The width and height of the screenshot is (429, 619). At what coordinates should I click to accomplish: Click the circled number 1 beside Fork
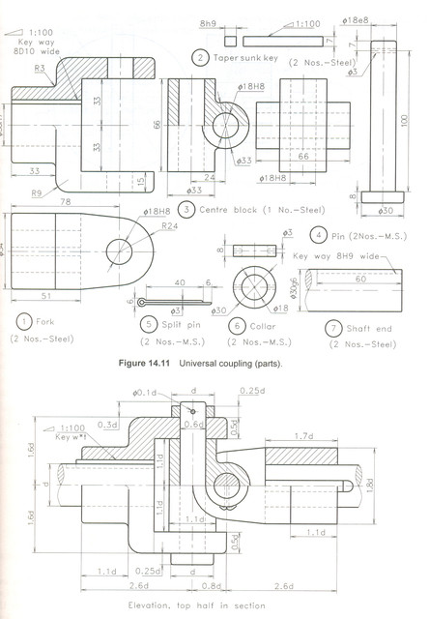point(20,321)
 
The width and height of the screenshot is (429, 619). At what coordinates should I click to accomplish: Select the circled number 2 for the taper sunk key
point(199,58)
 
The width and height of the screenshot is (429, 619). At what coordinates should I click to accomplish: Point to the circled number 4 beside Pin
point(317,234)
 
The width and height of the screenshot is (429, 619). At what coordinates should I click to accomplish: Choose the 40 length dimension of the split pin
point(180,283)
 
